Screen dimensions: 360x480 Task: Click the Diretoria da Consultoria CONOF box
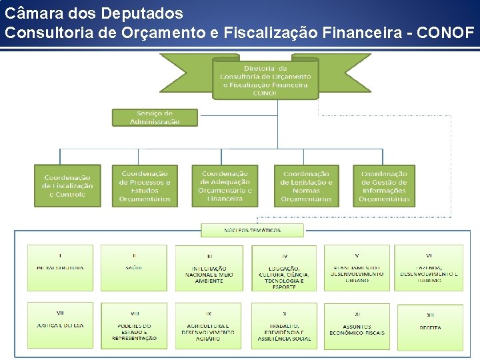(x=265, y=80)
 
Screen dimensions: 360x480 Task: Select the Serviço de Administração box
(x=155, y=117)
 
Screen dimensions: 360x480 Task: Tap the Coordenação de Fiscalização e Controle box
(x=67, y=186)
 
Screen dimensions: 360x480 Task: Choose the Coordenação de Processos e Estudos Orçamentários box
(x=145, y=186)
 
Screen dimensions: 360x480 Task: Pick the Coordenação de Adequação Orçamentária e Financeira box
(x=225, y=186)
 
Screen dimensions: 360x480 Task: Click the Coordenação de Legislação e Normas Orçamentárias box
(x=306, y=186)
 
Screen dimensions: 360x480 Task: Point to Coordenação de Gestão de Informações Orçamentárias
(x=384, y=186)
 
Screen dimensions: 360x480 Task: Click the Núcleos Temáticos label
(x=252, y=231)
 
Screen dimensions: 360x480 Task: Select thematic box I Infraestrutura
(x=61, y=267)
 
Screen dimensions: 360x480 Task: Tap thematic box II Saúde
(x=134, y=267)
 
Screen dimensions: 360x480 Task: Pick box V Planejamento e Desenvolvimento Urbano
(x=357, y=267)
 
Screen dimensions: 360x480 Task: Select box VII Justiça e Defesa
(x=61, y=325)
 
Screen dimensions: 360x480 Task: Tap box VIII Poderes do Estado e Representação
(x=134, y=326)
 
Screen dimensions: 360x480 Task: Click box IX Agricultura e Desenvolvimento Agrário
(x=209, y=326)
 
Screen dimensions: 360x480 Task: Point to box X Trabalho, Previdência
(x=285, y=326)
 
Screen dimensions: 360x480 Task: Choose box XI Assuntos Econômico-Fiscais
(x=357, y=327)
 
